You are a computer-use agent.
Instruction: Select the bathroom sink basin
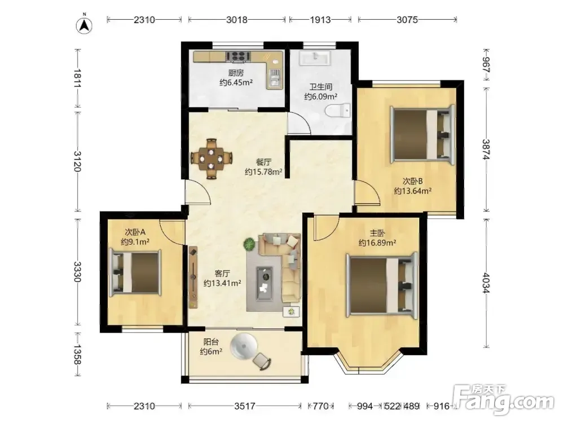315,58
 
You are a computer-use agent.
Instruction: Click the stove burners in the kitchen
238,56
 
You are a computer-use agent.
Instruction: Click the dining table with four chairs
211,158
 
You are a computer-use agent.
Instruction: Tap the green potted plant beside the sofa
249,245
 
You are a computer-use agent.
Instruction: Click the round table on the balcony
244,346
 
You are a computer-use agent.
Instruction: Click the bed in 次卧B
422,133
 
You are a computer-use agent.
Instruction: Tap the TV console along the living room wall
193,276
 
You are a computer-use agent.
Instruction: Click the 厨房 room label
236,73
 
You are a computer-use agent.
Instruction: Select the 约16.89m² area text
377,243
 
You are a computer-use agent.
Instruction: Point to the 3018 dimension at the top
237,19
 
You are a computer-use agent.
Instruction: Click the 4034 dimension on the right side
486,283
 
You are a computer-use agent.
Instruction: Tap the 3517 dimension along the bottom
245,406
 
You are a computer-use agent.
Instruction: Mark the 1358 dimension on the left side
77,354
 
